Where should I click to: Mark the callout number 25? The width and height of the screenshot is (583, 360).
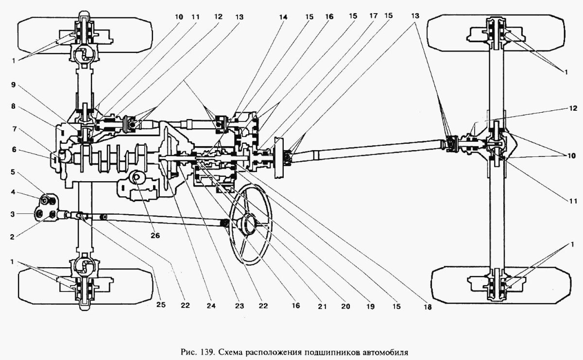(161, 305)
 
